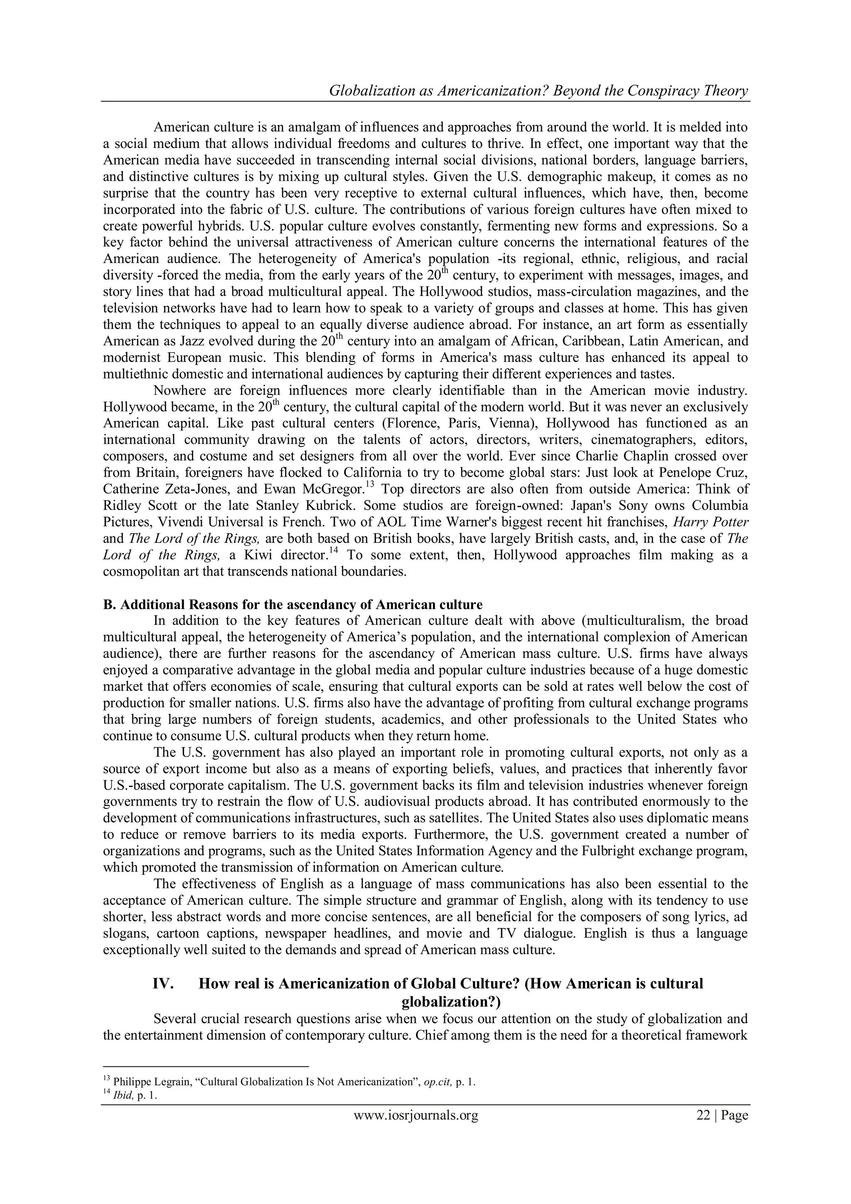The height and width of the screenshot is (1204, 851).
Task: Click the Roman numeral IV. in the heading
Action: coord(163,983)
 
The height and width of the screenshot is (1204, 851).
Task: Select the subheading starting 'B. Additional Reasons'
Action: coord(293,604)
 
